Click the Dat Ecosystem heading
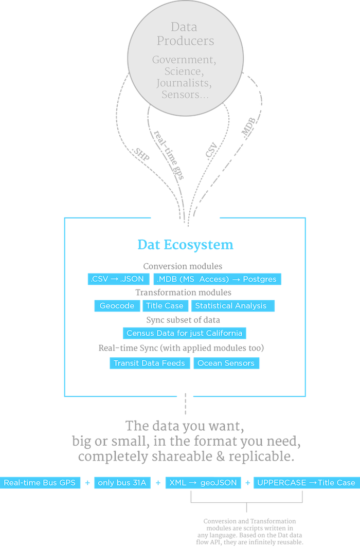tap(185, 245)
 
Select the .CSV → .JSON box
tap(118, 279)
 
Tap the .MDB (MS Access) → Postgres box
tap(217, 279)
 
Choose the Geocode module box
tap(117, 306)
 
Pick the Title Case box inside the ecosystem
tap(165, 306)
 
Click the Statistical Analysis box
tap(233, 306)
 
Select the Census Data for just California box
tap(184, 333)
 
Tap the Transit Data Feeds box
tap(150, 363)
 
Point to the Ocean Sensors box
tap(226, 363)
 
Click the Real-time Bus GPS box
tap(41, 483)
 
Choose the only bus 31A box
tap(122, 483)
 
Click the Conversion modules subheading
tap(183, 266)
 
